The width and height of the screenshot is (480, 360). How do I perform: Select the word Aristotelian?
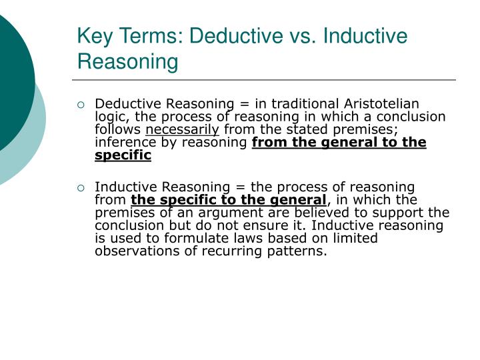click(x=381, y=104)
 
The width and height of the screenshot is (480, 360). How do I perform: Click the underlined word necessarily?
click(x=182, y=129)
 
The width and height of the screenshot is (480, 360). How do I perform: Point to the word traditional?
click(x=308, y=104)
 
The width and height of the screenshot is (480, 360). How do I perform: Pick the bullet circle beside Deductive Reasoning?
click(x=81, y=105)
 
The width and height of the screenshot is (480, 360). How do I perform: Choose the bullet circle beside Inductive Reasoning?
click(x=81, y=188)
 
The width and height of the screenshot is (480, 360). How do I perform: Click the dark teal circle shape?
click(x=10, y=73)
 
